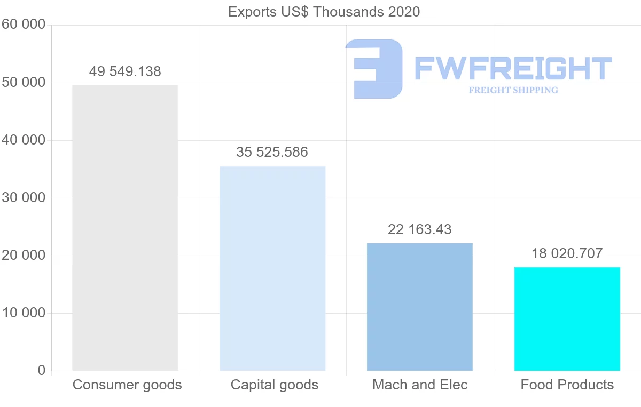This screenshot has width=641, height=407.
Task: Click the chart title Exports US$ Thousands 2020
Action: tap(324, 12)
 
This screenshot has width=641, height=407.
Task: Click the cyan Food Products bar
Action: tap(567, 318)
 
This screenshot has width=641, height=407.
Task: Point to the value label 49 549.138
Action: tap(125, 71)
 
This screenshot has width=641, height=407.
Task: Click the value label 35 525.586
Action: tap(272, 152)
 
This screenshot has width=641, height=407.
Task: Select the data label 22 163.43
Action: tap(420, 229)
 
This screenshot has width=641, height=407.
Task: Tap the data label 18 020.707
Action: tap(567, 253)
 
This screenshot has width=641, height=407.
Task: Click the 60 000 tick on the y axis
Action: tap(22, 25)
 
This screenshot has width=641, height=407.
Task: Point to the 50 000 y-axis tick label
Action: tap(22, 83)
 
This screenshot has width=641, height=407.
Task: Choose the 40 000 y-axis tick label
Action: tap(22, 140)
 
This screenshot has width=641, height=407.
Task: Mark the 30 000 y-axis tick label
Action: tap(22, 198)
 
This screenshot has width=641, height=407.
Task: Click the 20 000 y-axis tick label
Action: tap(22, 256)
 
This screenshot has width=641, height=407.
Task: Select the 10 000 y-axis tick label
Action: tap(22, 313)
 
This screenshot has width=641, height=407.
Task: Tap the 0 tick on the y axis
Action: tap(42, 371)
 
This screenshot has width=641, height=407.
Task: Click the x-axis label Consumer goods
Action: tap(127, 385)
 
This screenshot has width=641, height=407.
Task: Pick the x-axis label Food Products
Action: tap(567, 385)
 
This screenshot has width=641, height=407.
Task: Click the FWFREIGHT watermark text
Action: tap(513, 68)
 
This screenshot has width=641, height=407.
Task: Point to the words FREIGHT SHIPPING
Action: tap(513, 90)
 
